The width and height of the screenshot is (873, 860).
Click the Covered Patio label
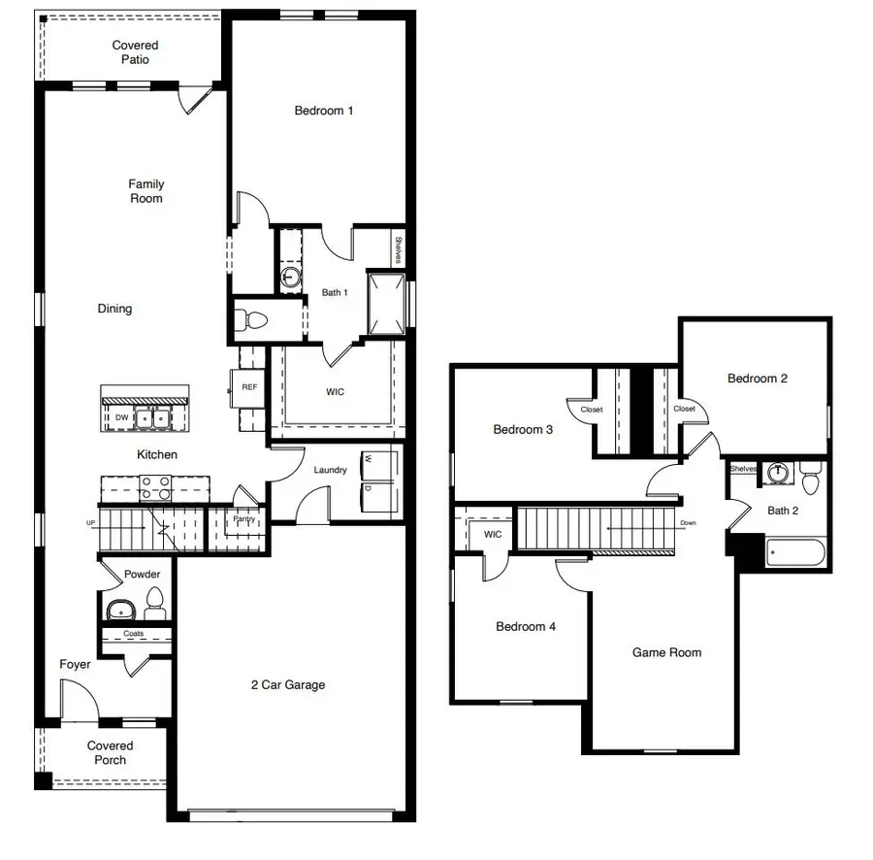tap(135, 52)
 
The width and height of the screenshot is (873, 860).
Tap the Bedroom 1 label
tap(324, 111)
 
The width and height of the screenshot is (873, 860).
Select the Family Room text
tap(146, 191)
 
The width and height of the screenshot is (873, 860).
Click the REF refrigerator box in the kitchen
tap(249, 387)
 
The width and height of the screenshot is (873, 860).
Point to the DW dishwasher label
tap(121, 417)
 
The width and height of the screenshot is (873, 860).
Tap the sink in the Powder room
tap(121, 610)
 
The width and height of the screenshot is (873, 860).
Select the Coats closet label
tap(134, 634)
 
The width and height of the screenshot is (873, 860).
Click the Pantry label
tap(242, 520)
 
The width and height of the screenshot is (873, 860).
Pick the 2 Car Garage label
tap(288, 685)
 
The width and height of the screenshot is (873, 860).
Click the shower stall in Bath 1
tap(385, 302)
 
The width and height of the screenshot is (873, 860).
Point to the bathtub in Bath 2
tap(794, 554)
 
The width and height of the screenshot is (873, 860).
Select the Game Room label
tap(666, 653)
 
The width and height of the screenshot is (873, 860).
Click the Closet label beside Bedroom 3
tap(591, 410)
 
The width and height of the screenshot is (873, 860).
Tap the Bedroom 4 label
tap(526, 627)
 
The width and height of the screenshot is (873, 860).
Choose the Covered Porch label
tap(110, 753)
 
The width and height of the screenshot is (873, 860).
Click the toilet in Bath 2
tap(811, 479)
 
